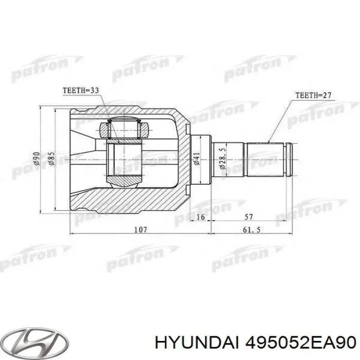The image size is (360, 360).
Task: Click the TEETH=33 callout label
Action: [x=81, y=91]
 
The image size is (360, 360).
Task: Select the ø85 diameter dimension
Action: [x=51, y=159]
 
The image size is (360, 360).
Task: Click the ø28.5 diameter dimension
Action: [x=222, y=159]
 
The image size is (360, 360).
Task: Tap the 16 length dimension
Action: [x=201, y=218]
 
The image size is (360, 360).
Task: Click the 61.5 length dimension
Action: [x=252, y=230]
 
